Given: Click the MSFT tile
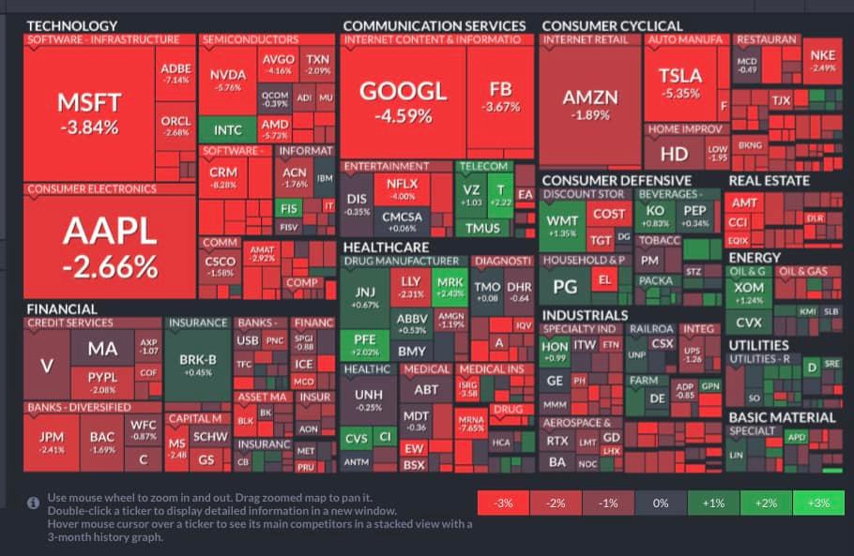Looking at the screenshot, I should click(x=88, y=113).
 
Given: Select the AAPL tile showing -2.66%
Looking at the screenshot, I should click(x=110, y=248).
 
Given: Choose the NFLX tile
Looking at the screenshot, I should click(x=402, y=189).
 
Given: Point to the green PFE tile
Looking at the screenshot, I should click(x=358, y=343).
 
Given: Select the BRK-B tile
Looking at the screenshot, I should click(x=197, y=364).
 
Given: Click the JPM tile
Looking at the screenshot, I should click(x=52, y=442).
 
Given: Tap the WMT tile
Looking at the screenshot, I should click(x=562, y=226).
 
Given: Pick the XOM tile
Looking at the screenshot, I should click(x=749, y=292).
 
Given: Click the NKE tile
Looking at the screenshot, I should click(x=822, y=60).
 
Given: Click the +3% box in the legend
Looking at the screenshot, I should click(x=817, y=503).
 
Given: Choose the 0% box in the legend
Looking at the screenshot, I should click(x=661, y=503).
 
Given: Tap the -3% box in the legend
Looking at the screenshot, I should click(x=503, y=503).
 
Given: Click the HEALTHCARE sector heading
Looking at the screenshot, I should click(x=386, y=247).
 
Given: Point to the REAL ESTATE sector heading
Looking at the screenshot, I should click(x=769, y=180).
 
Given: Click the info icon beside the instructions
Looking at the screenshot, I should click(x=34, y=503).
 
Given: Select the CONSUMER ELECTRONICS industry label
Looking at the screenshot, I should click(x=92, y=189).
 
